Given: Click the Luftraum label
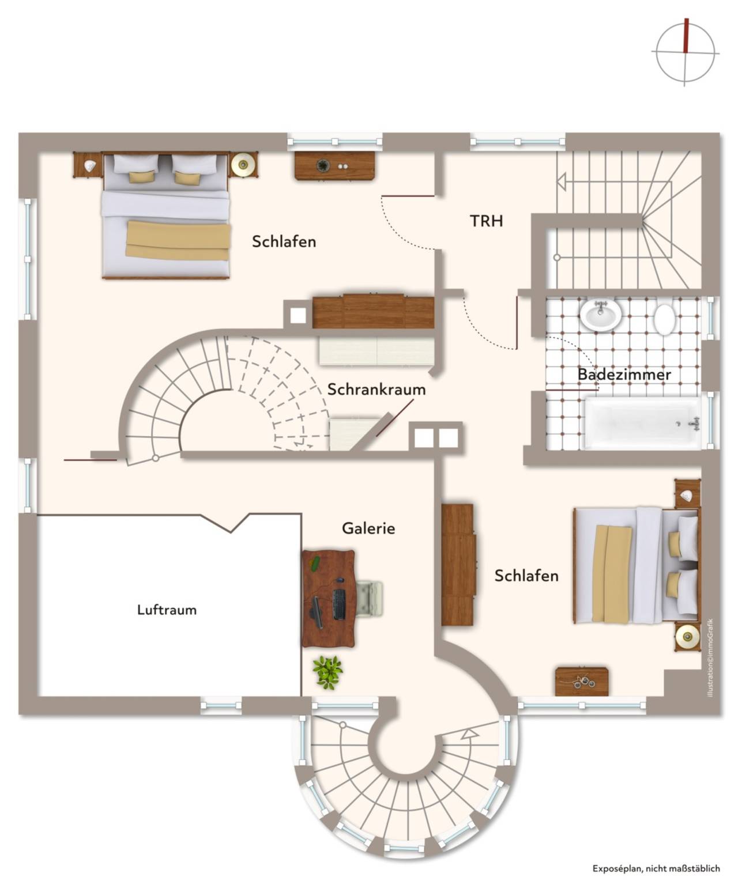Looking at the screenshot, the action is tap(167, 610).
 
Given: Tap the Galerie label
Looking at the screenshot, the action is tap(368, 528).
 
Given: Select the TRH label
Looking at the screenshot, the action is tap(486, 221).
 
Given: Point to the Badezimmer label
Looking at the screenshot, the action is tap(624, 375).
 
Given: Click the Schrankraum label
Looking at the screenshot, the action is tap(376, 390).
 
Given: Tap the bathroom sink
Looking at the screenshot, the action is tap(600, 315).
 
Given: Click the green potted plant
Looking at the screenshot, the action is tap(327, 672).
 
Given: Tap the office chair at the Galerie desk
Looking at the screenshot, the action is tap(370, 599).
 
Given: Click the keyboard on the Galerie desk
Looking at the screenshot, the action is tap(339, 604).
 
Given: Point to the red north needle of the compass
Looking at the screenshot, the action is tap(687, 36).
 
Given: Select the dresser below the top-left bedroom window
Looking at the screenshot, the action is tap(335, 166).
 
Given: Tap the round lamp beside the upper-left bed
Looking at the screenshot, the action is tap(244, 164).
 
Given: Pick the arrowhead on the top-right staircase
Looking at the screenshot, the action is tap(562, 182).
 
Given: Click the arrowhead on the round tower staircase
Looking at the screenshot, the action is tap(471, 734).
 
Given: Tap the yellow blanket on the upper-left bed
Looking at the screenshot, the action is tap(178, 240).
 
